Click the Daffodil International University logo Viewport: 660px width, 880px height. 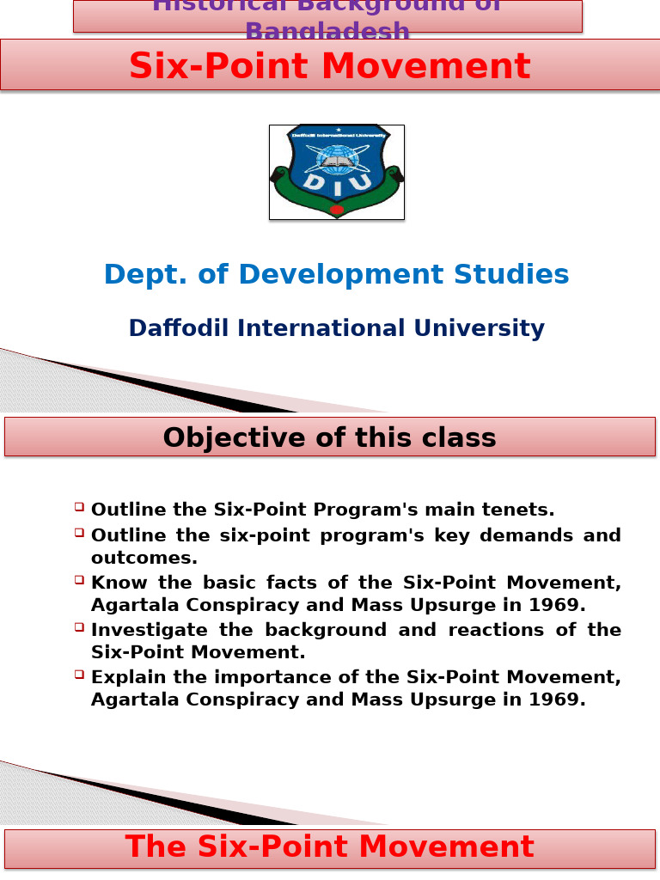tap(336, 172)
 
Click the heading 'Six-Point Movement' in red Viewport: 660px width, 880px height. tap(330, 66)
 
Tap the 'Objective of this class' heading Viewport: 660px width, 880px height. tap(330, 437)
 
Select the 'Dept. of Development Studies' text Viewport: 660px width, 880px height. tap(336, 274)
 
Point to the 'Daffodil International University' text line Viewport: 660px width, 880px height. tap(336, 328)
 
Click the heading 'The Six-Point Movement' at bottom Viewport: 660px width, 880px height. tap(330, 847)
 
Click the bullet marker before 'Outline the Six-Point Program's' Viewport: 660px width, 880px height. tap(79, 508)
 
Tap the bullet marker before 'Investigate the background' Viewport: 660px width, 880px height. tap(79, 628)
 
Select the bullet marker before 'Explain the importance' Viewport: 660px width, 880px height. tap(79, 675)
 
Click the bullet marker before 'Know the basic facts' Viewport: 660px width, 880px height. tap(79, 581)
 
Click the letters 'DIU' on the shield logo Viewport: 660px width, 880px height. tap(336, 182)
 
